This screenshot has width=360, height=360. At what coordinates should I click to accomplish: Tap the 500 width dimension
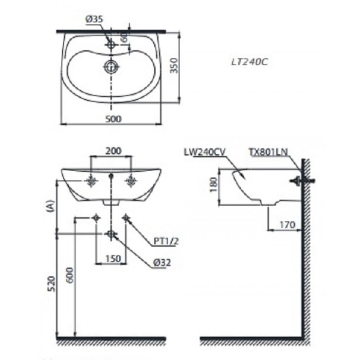coord(112,118)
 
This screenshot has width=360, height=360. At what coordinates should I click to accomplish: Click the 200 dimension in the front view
coord(113,151)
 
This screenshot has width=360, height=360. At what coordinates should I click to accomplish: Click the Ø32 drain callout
coord(162,262)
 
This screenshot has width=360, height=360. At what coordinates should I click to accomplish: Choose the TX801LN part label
coord(268,152)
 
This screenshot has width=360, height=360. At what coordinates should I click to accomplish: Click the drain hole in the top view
coord(111,66)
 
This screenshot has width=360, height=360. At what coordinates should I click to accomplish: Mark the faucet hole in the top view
coord(111,45)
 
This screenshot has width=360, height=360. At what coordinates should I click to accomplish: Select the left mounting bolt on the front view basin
coord(91,181)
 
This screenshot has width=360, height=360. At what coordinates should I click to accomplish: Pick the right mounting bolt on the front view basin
coord(131,181)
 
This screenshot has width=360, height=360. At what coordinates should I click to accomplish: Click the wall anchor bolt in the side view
coord(302,181)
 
